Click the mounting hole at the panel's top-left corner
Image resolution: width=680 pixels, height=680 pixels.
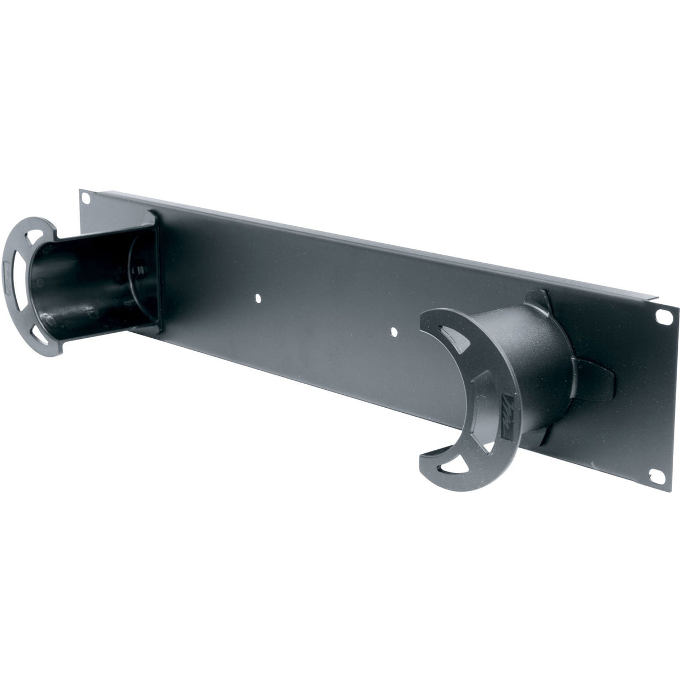click(x=86, y=198)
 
